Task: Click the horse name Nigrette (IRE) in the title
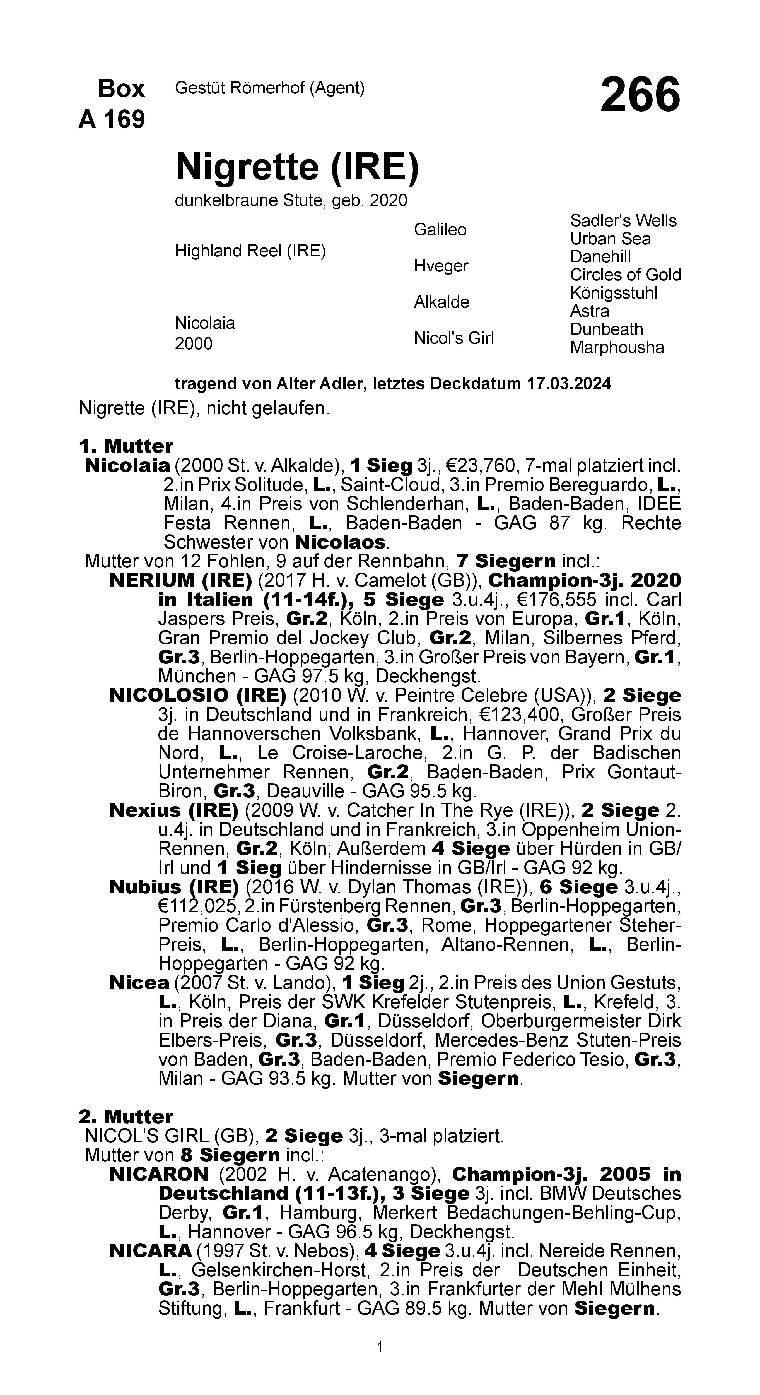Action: coord(297,167)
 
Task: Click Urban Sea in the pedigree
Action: coord(610,239)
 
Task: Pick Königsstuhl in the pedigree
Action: coord(613,293)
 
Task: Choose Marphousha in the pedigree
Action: coord(617,347)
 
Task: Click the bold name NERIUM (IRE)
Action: coord(180,581)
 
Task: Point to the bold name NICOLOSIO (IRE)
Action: coord(197,695)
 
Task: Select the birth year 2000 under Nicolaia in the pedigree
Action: coord(193,344)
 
